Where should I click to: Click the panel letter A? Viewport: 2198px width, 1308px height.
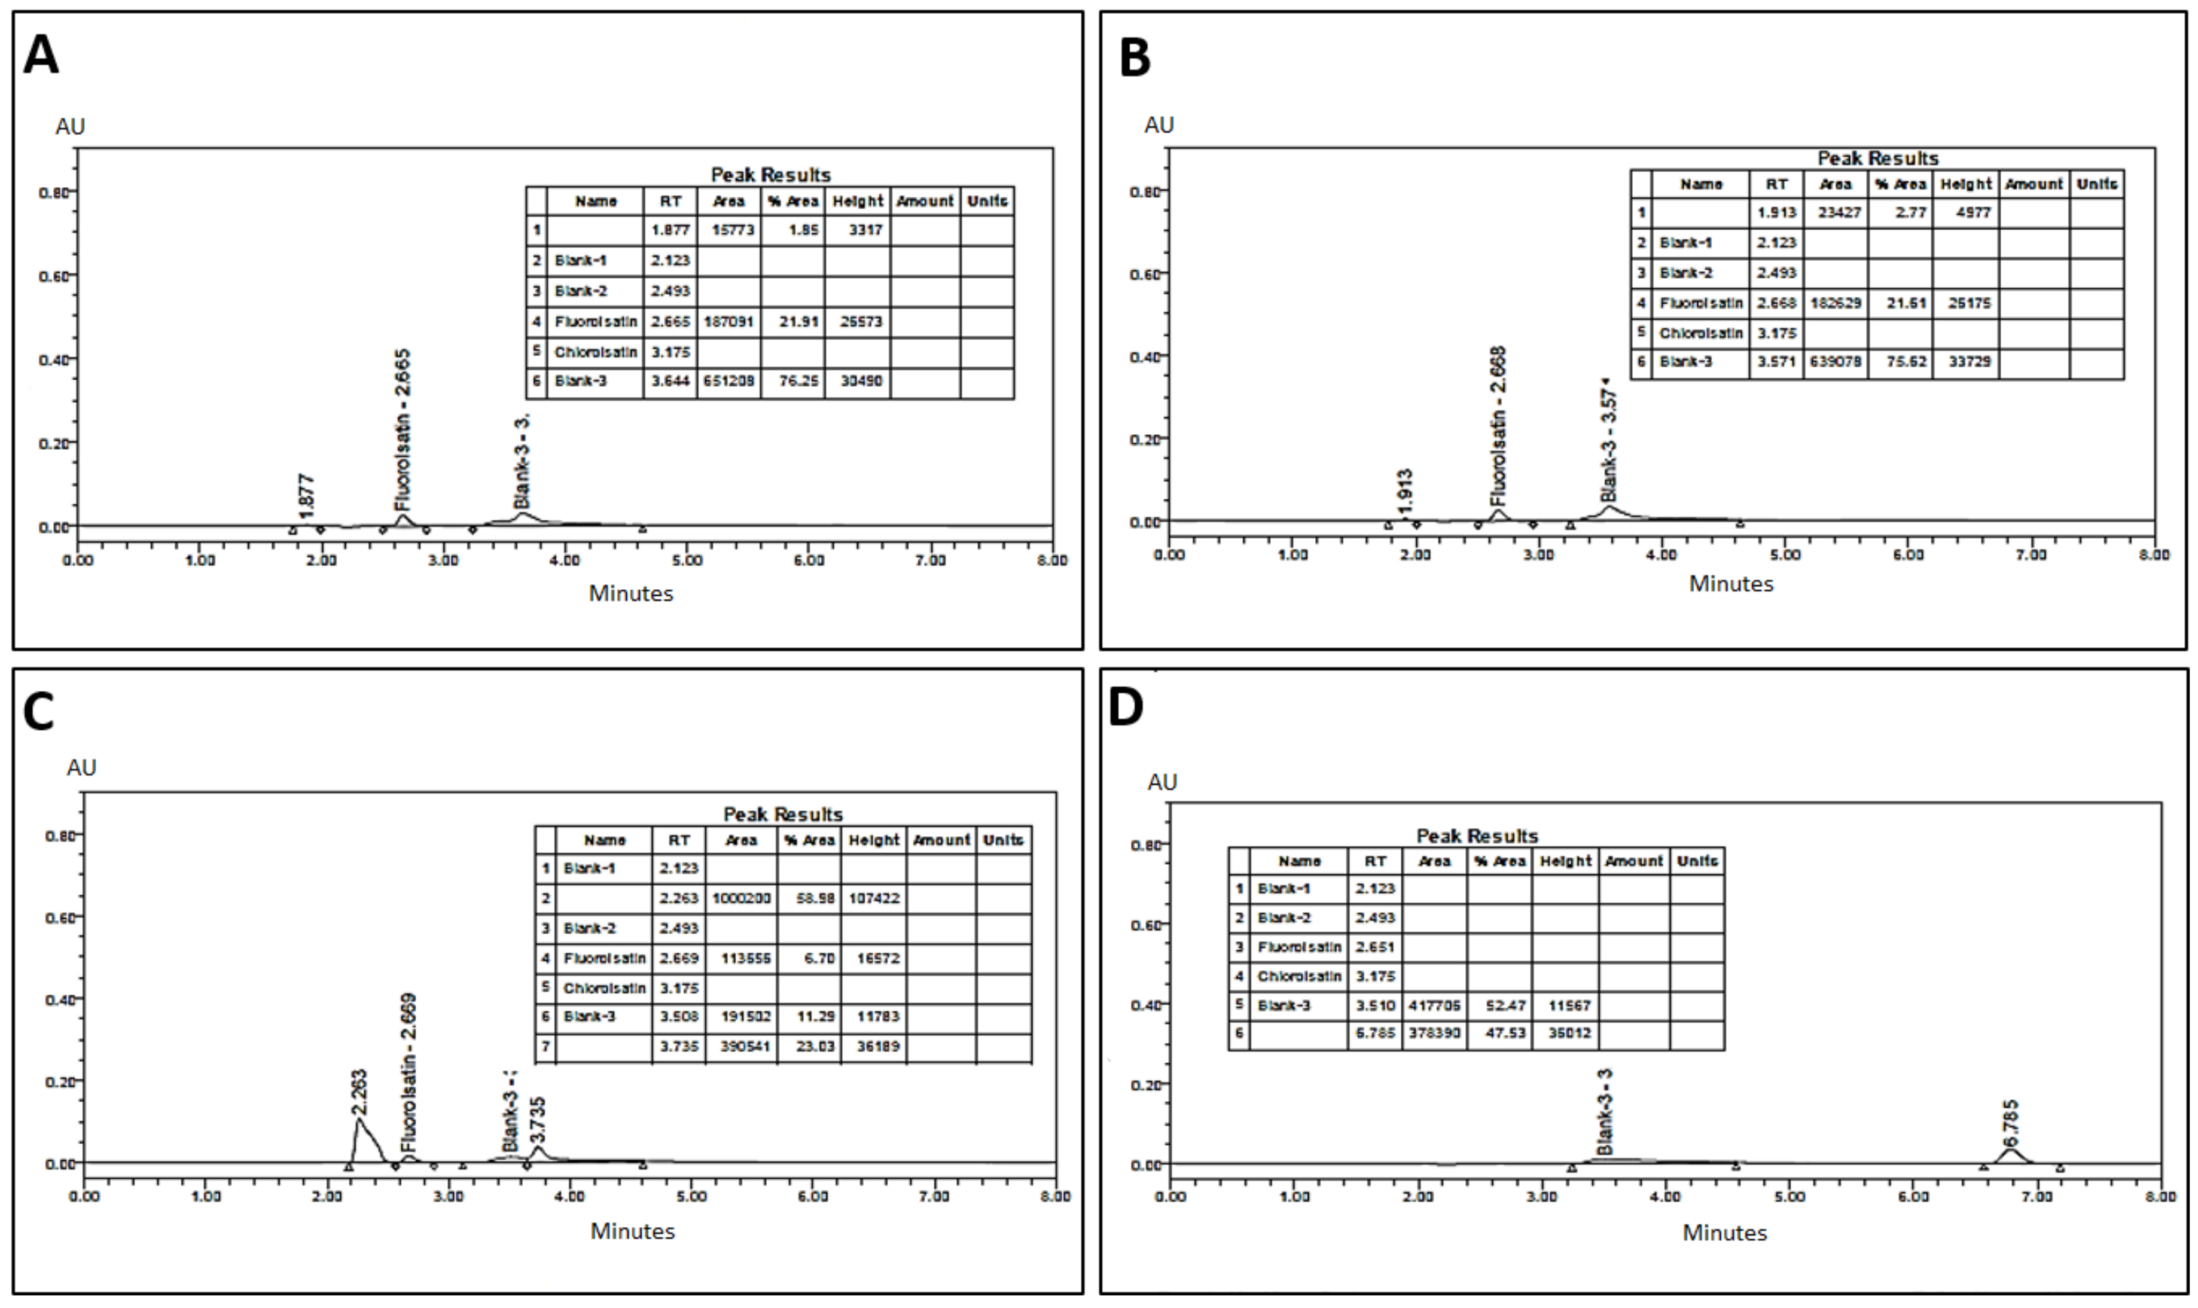[x=41, y=54]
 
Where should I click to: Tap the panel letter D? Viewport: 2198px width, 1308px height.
[x=1126, y=708]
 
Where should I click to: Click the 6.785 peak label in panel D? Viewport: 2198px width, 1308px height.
[x=2010, y=1120]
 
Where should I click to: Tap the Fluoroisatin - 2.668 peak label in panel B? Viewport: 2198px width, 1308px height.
[x=1498, y=426]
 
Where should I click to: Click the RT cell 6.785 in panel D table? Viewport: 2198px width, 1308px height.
[x=1375, y=1033]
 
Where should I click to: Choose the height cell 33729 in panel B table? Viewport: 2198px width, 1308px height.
[x=1965, y=361]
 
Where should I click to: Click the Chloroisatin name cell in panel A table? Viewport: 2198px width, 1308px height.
[x=596, y=352]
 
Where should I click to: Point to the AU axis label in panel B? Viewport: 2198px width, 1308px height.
[x=1159, y=125]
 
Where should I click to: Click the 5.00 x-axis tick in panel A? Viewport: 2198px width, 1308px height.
[x=687, y=560]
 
